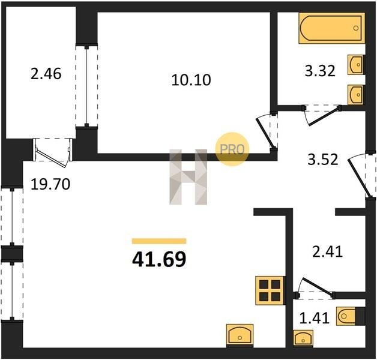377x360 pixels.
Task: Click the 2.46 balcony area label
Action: coord(46,74)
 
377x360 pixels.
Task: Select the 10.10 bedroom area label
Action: coord(191,80)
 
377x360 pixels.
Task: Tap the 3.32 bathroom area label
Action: coord(320,71)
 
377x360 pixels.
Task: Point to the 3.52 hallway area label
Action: coord(323,160)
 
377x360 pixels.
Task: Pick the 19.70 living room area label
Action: coord(50,184)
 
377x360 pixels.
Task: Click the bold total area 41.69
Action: coord(159,260)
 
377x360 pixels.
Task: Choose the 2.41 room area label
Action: coord(327,252)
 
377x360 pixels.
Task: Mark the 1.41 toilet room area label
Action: coord(314,318)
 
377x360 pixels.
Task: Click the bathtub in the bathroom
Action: coord(332,28)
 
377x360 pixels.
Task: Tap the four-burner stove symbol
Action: coord(270,290)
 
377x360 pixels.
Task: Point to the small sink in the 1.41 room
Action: coord(303,338)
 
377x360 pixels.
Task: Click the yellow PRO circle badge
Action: coord(232,149)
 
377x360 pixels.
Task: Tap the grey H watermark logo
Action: coord(188,177)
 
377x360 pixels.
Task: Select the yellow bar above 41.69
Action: coord(159,241)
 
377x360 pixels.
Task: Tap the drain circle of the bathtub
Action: coord(356,28)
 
